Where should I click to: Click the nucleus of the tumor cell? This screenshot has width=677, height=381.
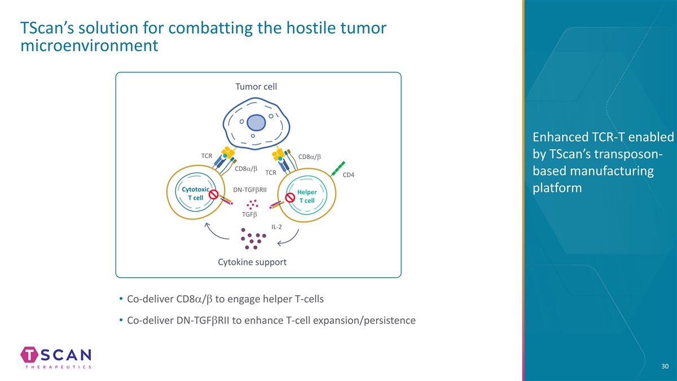coord(256,123)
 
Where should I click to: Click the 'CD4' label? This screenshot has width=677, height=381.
coord(348,174)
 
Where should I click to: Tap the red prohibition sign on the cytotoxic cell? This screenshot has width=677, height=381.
coord(214,194)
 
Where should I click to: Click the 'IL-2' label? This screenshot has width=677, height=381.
coord(276,226)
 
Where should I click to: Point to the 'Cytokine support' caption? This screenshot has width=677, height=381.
coord(252,262)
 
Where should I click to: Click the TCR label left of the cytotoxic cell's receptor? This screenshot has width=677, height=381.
coord(206,155)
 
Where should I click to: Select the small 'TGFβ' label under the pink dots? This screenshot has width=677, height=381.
coord(249,214)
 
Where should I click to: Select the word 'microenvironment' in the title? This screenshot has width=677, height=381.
coord(87,45)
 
